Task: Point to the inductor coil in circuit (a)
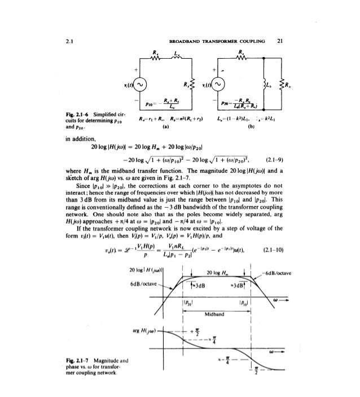pos(178,58)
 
